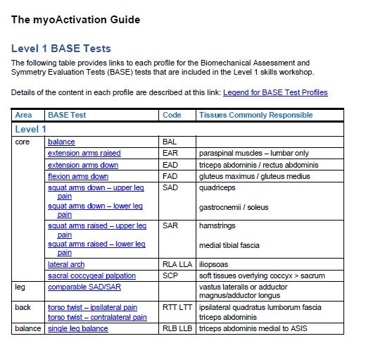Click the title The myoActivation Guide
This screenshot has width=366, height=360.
pos(75,20)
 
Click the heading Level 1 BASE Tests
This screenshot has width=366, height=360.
pos(61,49)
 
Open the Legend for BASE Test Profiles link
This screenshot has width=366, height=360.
pos(275,92)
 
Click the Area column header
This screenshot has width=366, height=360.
pos(23,115)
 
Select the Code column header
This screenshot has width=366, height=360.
pos(172,115)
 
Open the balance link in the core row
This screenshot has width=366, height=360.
pos(61,142)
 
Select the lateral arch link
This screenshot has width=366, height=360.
pos(66,264)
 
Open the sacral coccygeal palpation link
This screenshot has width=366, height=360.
pos(91,275)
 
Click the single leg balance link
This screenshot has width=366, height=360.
pos(78,328)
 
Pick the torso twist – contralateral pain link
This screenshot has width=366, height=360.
pos(97,318)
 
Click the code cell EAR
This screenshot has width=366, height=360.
pos(170,153)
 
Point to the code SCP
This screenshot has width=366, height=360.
pos(170,275)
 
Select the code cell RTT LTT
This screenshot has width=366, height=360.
pos(177,307)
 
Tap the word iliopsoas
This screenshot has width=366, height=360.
pos(215,264)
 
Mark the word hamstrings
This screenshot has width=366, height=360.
pos(219,225)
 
